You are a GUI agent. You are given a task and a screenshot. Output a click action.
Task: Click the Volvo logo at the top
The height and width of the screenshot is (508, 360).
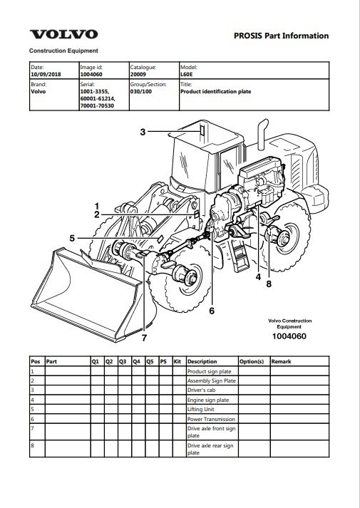click(x=64, y=34)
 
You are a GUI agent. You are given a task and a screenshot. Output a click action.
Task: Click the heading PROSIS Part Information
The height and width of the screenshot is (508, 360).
click(x=282, y=36)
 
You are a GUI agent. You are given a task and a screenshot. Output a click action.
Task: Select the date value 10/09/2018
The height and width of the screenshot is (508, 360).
click(x=46, y=74)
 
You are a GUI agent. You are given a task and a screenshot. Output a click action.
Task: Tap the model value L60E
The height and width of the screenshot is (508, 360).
click(x=185, y=74)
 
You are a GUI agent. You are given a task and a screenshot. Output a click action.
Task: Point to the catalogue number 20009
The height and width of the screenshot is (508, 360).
click(x=138, y=74)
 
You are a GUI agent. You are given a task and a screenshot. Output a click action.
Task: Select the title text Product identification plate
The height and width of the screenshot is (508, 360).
click(x=216, y=91)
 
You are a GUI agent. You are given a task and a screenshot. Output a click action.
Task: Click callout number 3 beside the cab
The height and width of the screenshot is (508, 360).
click(x=143, y=132)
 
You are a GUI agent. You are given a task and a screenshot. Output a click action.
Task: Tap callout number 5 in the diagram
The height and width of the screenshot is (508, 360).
click(x=72, y=239)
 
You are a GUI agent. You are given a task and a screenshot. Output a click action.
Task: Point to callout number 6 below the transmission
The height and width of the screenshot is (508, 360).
click(x=212, y=311)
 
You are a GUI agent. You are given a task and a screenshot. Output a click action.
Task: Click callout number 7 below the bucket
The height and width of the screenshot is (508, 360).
click(x=144, y=338)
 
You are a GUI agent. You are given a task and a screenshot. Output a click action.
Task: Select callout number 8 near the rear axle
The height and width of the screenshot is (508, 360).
click(x=269, y=284)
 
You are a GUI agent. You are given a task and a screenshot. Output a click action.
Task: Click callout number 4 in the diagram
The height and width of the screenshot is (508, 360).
click(x=258, y=277)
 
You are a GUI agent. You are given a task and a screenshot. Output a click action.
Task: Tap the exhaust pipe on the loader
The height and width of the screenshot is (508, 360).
click(x=262, y=135)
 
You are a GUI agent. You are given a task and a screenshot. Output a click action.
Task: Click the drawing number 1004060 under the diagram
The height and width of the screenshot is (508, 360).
click(x=289, y=336)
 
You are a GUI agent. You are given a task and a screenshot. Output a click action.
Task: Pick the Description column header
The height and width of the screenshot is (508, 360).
click(x=202, y=361)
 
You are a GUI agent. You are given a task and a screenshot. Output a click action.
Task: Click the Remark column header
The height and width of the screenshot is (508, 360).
click(x=282, y=361)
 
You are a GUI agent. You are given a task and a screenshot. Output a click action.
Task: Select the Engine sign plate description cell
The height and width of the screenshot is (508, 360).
click(x=208, y=400)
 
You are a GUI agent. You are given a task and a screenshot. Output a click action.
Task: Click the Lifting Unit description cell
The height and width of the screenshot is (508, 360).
click(x=200, y=409)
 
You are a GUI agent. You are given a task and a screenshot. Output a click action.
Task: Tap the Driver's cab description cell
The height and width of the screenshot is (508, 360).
click(x=201, y=390)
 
